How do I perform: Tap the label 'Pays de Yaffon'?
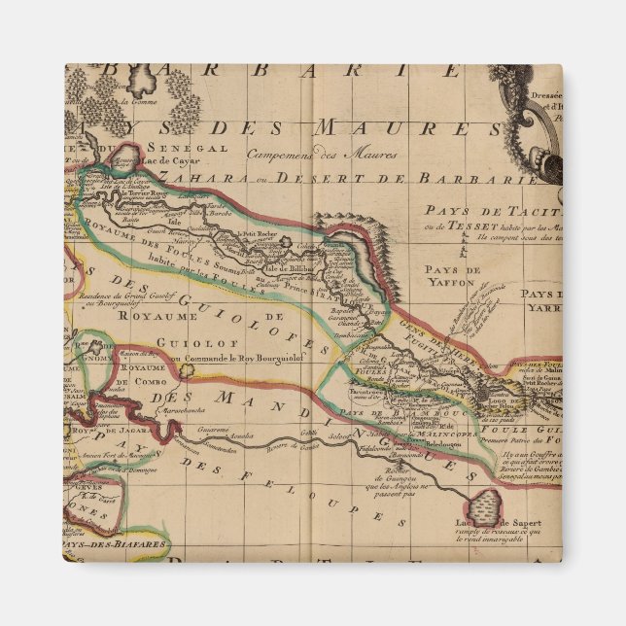448,275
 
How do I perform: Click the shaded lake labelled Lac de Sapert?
480,504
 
